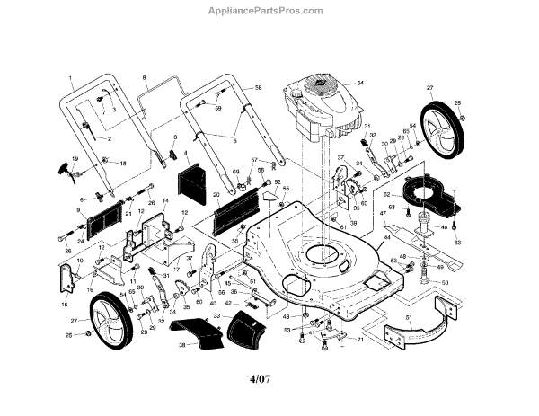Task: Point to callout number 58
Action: click(258, 87)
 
